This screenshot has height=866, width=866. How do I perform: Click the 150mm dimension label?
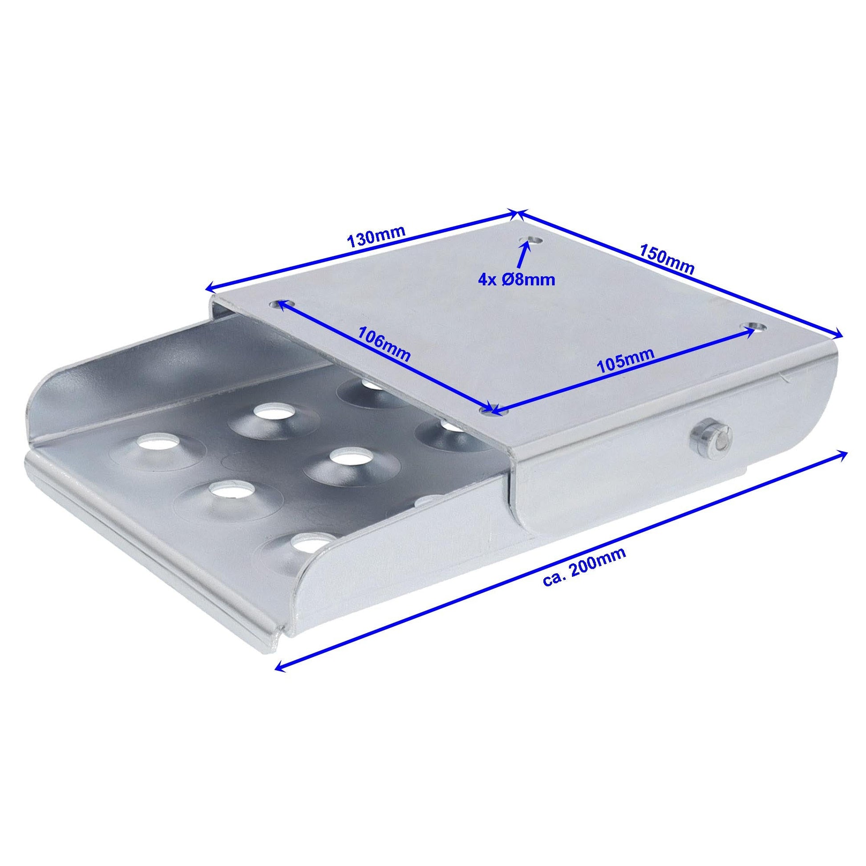click(667, 259)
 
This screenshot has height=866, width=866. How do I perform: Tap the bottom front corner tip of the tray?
click(279, 647)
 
